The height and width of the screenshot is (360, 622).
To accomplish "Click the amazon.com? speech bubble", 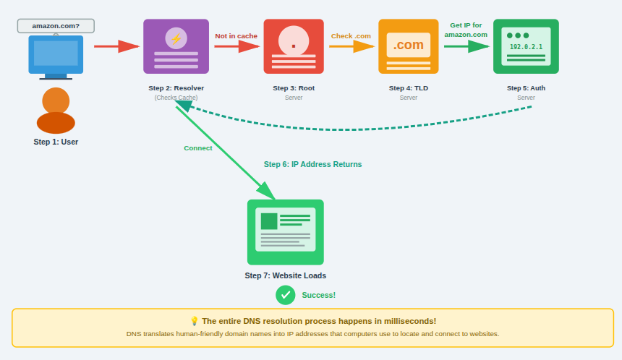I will pyautogui.click(x=56, y=26).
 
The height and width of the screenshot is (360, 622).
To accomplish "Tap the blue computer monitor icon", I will pyautogui.click(x=56, y=56).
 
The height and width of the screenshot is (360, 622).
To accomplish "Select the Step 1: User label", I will pyautogui.click(x=56, y=142).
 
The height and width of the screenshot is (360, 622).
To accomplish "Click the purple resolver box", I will pyautogui.click(x=176, y=46).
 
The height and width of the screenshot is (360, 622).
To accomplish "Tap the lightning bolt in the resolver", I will pyautogui.click(x=176, y=38).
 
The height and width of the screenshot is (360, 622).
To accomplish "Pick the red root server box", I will pyautogui.click(x=294, y=46).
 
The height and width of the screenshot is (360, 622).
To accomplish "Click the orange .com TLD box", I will pyautogui.click(x=409, y=46).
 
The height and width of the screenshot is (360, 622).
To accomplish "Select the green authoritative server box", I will pyautogui.click(x=526, y=46).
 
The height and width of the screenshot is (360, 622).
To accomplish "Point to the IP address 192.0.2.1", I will pyautogui.click(x=526, y=47).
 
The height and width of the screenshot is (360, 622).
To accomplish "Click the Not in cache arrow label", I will pyautogui.click(x=236, y=36).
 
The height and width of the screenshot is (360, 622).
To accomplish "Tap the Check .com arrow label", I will pyautogui.click(x=351, y=36).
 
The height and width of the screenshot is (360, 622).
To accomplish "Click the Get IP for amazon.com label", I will pyautogui.click(x=466, y=30).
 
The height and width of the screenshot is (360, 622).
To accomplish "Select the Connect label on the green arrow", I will pyautogui.click(x=198, y=148).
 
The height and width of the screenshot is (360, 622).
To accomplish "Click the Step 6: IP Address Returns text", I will pyautogui.click(x=312, y=165).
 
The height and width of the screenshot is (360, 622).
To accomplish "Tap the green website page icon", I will pyautogui.click(x=286, y=232).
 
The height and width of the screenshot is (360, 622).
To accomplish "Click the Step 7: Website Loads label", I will pyautogui.click(x=286, y=275).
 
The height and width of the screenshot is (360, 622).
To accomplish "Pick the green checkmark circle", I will pyautogui.click(x=286, y=295).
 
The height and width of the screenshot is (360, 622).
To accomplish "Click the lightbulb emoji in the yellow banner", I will pyautogui.click(x=194, y=321).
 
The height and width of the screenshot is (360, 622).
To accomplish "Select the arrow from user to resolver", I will pyautogui.click(x=116, y=46).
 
